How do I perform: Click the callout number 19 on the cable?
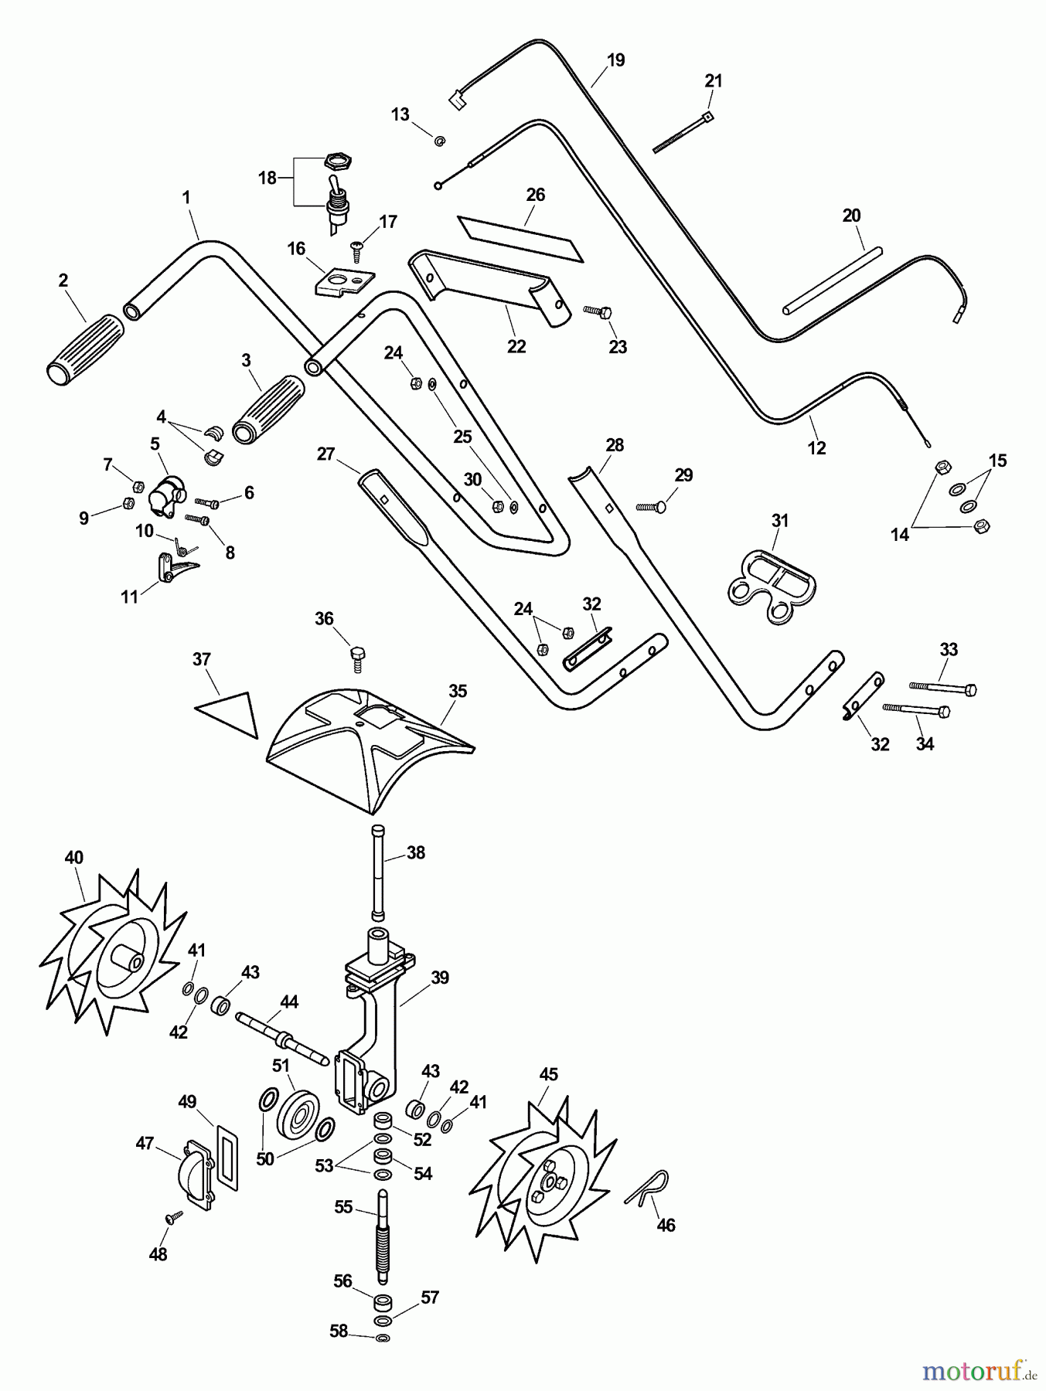pos(615,60)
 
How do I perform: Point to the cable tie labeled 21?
pos(681,132)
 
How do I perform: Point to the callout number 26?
pos(536,195)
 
